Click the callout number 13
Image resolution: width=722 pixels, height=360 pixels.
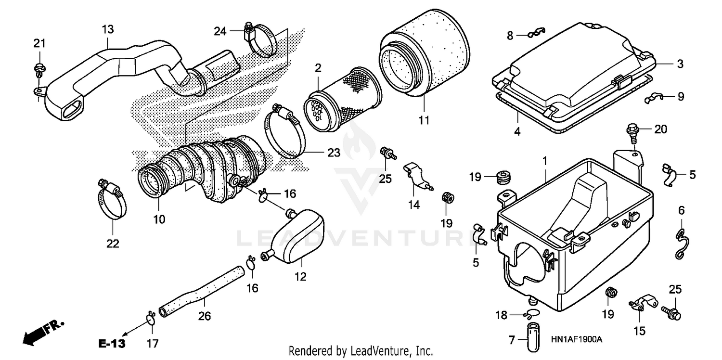tap(107, 29)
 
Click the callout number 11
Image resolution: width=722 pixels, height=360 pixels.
tap(424, 120)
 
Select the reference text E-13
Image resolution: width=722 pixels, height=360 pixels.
tap(112, 344)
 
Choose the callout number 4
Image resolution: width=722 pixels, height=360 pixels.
tap(517, 131)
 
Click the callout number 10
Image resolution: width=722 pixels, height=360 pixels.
tap(159, 219)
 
